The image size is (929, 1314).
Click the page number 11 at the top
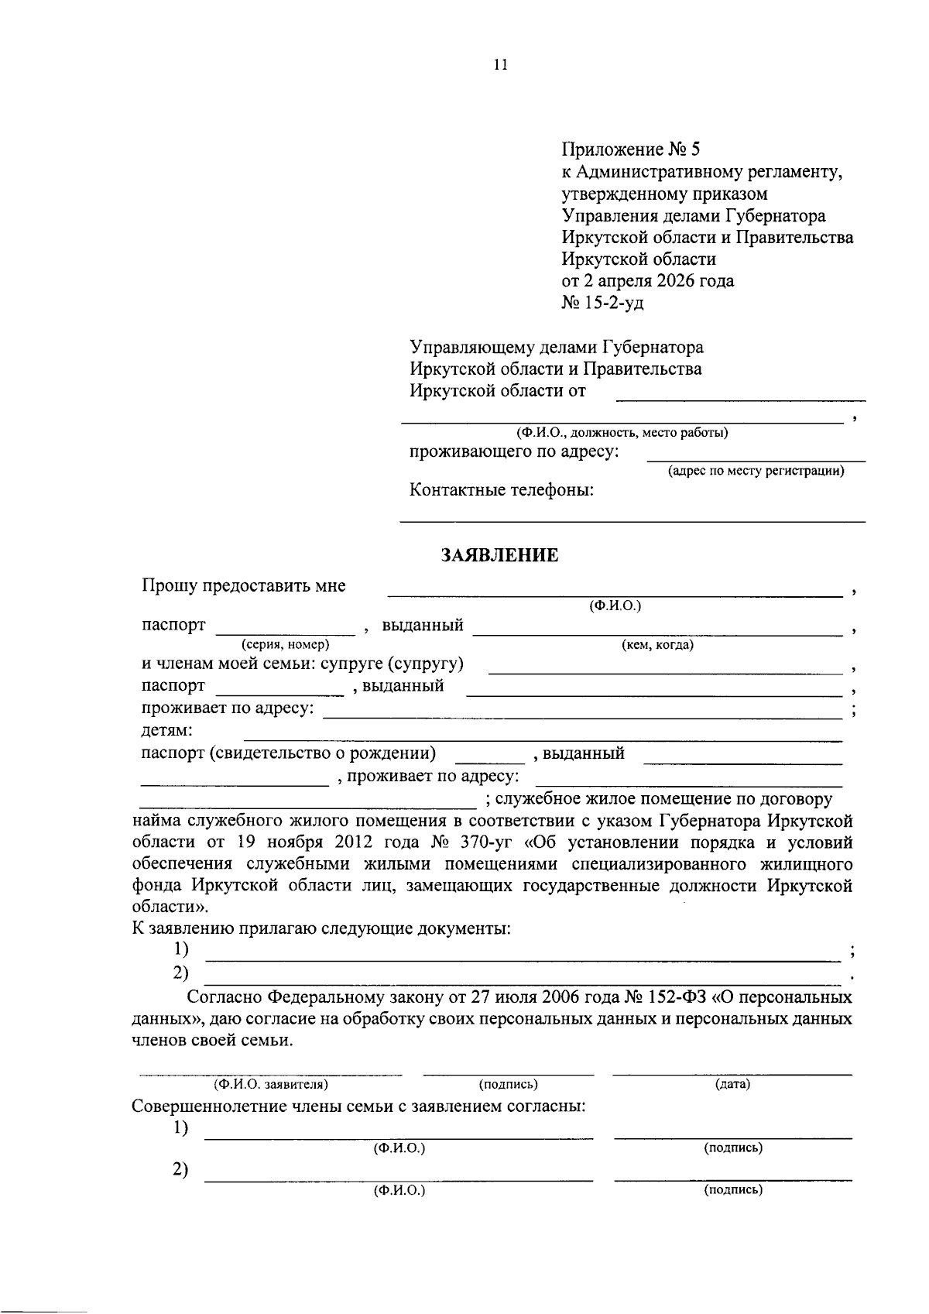(500, 65)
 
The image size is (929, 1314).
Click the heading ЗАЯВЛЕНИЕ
(499, 555)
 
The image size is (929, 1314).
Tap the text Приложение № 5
(630, 149)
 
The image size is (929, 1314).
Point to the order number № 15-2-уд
(602, 303)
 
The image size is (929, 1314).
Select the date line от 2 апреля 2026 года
(647, 281)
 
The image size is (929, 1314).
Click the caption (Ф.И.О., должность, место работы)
(622, 433)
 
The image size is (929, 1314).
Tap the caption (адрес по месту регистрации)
(756, 471)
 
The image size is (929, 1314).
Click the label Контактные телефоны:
(502, 490)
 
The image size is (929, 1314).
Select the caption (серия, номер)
(285, 644)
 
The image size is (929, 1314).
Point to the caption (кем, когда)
(657, 644)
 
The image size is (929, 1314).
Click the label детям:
(167, 730)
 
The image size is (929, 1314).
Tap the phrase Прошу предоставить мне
(244, 586)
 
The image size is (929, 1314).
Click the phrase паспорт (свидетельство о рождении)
(288, 753)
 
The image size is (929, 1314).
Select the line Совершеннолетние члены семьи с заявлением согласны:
(358, 1106)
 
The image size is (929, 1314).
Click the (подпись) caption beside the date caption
(509, 1084)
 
